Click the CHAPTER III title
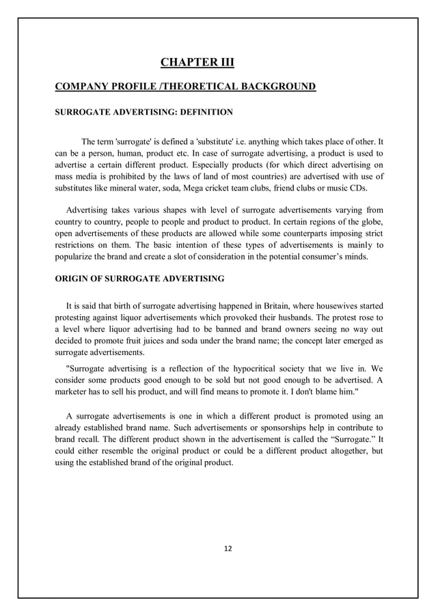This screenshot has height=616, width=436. pos(197,64)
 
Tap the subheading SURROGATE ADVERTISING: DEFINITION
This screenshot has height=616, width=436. pos(144,111)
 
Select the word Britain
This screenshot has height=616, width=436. pos(259,304)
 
